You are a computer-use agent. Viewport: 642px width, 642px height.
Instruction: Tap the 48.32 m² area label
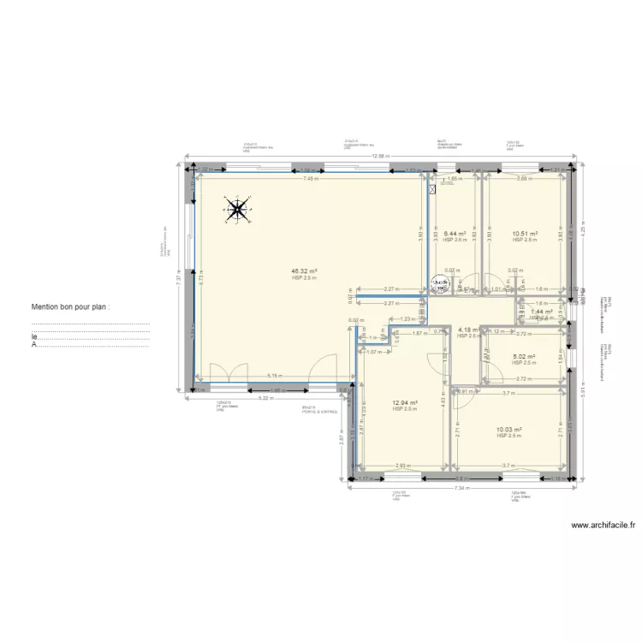(304, 270)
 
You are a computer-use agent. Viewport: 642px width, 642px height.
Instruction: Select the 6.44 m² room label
(455, 234)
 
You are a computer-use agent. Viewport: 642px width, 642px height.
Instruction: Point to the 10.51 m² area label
(524, 234)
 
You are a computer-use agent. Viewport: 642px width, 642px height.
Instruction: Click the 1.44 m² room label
(541, 312)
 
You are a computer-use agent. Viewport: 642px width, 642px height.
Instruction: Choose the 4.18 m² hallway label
(468, 330)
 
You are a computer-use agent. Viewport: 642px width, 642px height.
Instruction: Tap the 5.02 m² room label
(524, 357)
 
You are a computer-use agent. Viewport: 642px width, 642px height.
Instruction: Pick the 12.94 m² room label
(404, 403)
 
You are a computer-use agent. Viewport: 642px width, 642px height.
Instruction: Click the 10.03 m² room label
(508, 430)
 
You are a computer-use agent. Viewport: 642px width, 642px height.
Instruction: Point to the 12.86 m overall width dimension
(380, 156)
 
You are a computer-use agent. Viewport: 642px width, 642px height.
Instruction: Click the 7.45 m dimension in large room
(310, 179)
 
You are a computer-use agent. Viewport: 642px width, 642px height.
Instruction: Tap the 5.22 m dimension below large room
(265, 398)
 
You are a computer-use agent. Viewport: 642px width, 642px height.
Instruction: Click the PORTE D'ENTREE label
(318, 411)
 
